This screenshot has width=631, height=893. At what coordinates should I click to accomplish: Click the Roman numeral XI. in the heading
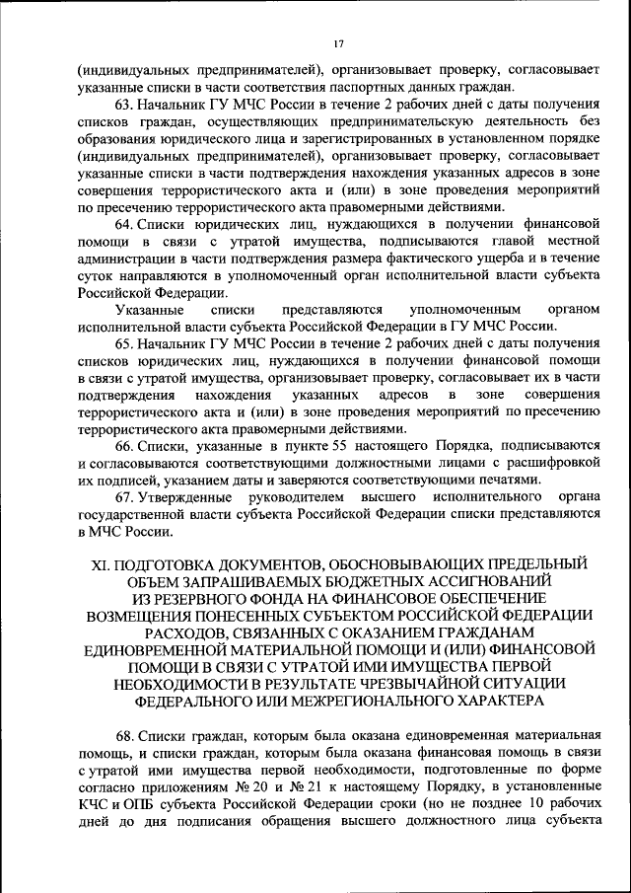coord(101,564)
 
